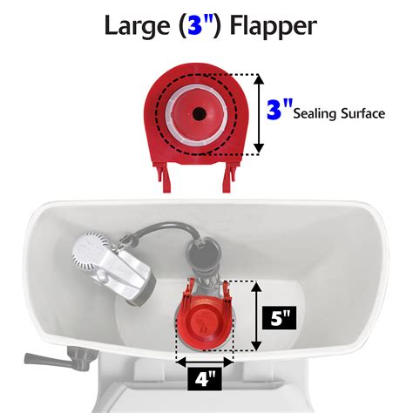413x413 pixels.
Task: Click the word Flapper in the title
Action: pos(273,26)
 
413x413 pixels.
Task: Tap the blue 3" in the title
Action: pos(200,25)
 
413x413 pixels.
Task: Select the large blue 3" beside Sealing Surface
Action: pos(280,109)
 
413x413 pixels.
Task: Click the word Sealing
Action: pos(315,113)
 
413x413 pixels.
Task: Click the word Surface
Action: pos(363,113)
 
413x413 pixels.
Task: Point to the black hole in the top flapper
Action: pos(199,113)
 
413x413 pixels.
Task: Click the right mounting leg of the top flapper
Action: pos(229,177)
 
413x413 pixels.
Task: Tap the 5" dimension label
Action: pos(279,318)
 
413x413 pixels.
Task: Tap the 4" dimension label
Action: pos(205,378)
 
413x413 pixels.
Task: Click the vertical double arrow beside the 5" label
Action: pos(256,316)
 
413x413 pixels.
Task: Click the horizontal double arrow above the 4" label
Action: pos(205,362)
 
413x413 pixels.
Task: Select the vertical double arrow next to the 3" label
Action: pos(259,113)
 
